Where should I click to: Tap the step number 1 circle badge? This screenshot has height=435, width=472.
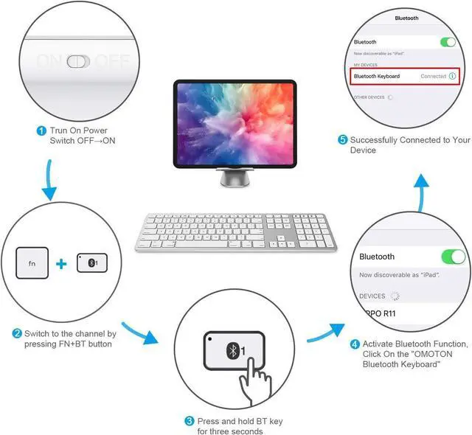pyautogui.click(x=41, y=130)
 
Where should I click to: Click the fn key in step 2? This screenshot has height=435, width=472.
pyautogui.click(x=32, y=262)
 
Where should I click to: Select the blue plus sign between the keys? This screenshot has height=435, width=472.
pyautogui.click(x=62, y=262)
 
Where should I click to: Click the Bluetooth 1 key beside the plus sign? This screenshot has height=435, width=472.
pyautogui.click(x=91, y=262)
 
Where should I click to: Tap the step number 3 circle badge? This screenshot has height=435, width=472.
pyautogui.click(x=190, y=421)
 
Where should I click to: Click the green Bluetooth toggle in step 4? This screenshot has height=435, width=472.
pyautogui.click(x=452, y=257)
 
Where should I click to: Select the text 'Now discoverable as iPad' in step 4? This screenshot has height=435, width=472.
pyautogui.click(x=398, y=274)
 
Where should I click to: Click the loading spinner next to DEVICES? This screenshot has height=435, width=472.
pyautogui.click(x=394, y=296)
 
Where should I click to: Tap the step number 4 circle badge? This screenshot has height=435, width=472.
pyautogui.click(x=355, y=344)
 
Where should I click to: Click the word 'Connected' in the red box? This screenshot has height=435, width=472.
pyautogui.click(x=433, y=76)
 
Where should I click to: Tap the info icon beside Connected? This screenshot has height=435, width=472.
pyautogui.click(x=451, y=76)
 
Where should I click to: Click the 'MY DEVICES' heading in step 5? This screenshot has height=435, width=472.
pyautogui.click(x=366, y=64)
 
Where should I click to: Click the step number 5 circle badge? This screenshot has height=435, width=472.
pyautogui.click(x=343, y=140)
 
